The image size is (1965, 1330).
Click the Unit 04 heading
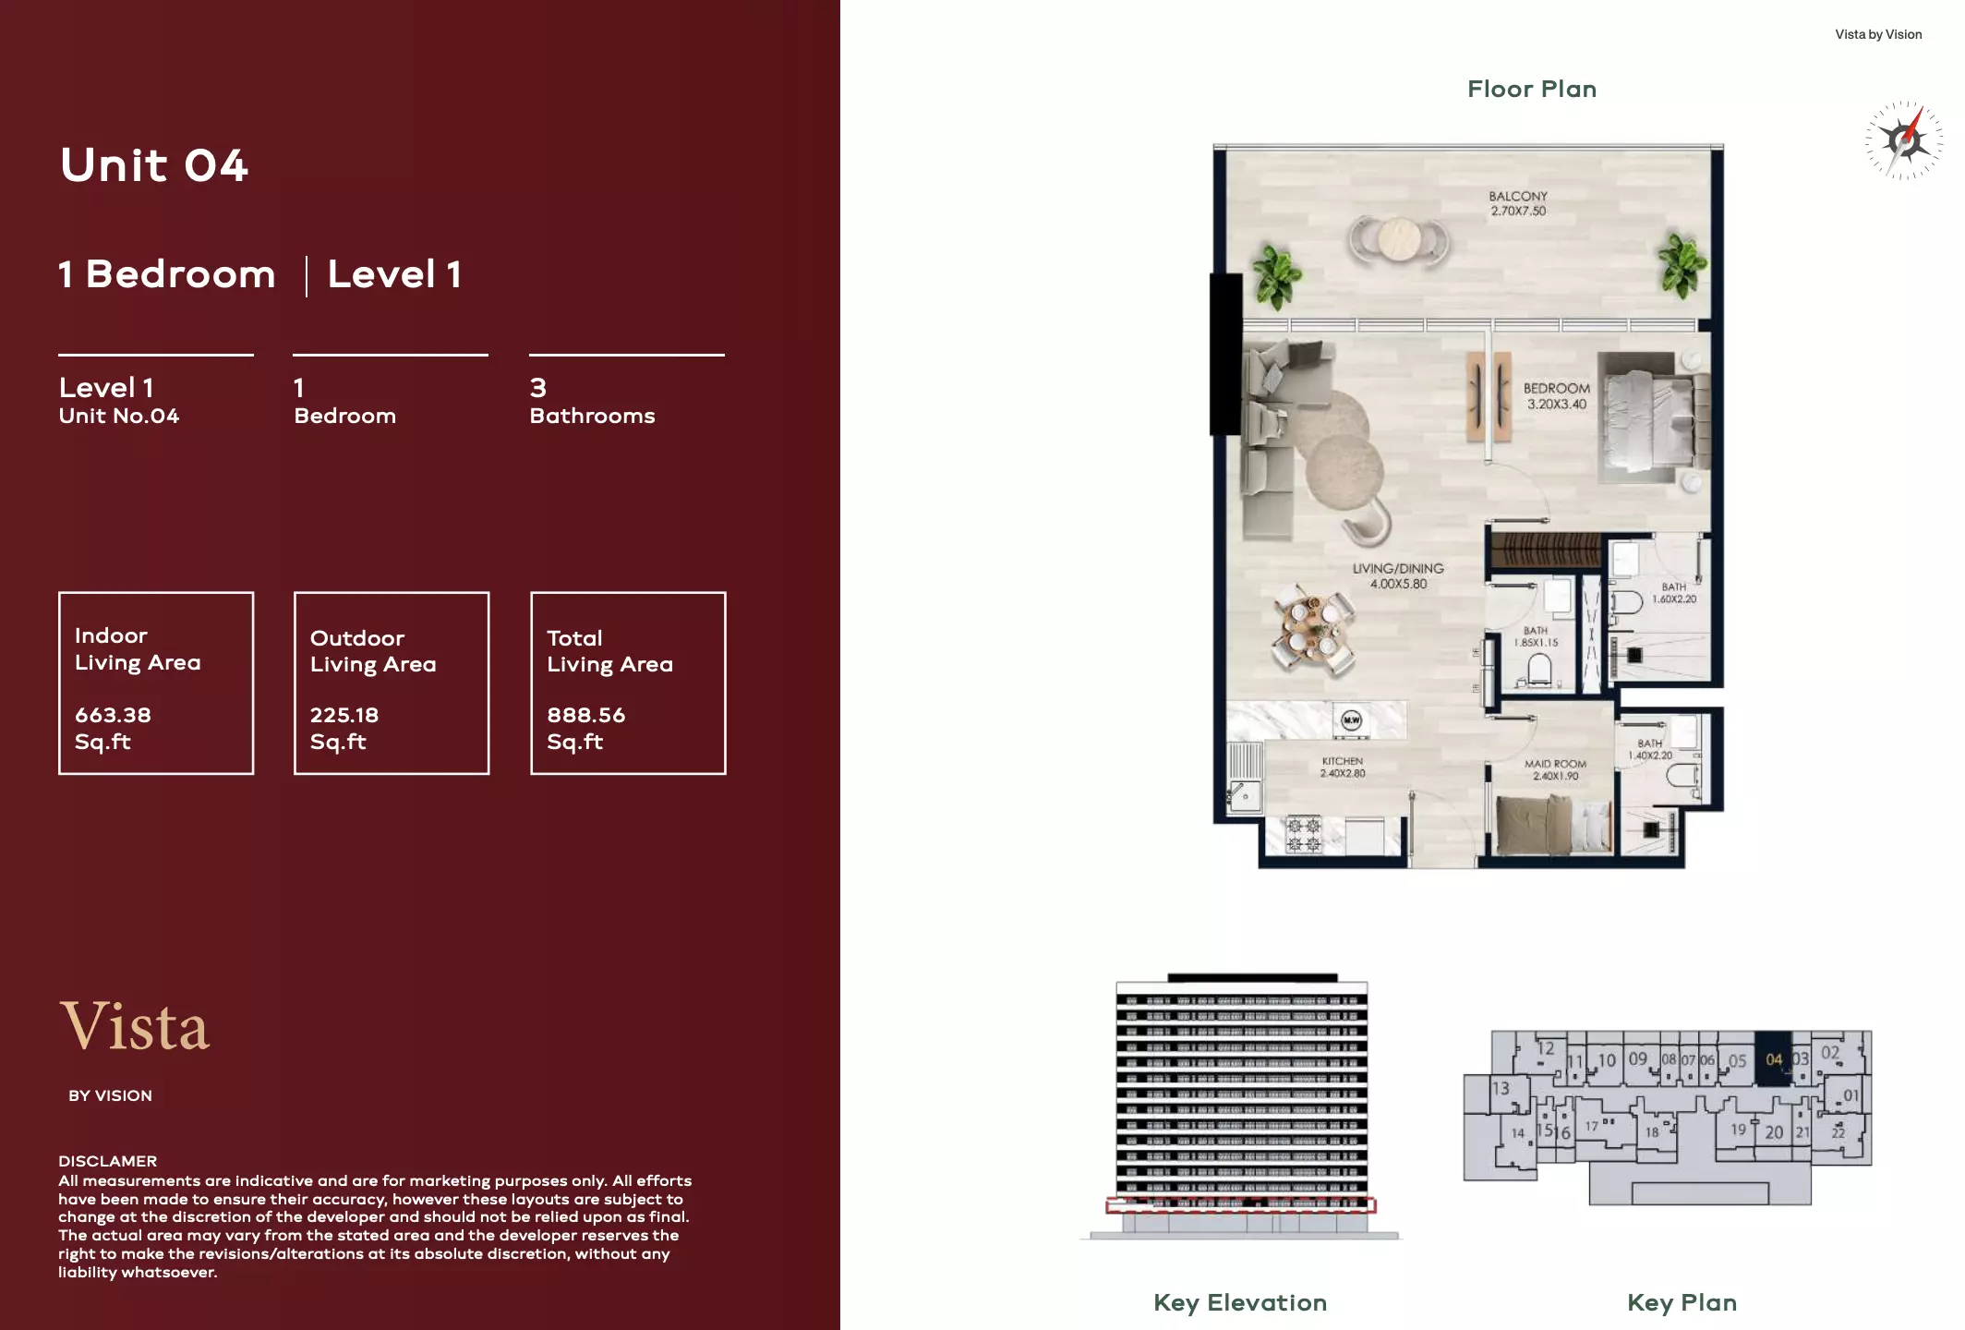coord(154,166)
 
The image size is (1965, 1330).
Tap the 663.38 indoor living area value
coord(113,715)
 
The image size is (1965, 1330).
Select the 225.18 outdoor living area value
coord(344,715)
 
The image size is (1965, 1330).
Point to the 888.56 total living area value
coord(585,715)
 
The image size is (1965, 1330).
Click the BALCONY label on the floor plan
coord(1517,197)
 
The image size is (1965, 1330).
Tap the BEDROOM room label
coord(1556,389)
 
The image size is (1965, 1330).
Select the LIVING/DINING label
coord(1398,569)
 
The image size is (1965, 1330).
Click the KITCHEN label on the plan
coord(1342,761)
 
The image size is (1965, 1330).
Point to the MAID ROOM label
coord(1555,764)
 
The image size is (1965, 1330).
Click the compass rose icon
coord(1903,140)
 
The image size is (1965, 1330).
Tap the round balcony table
coord(1399,238)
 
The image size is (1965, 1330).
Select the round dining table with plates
coord(1313,624)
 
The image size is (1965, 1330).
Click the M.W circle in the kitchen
coord(1351,719)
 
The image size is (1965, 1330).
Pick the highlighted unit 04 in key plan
coord(1773,1059)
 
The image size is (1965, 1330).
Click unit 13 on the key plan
coord(1501,1088)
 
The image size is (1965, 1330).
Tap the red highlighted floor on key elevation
coord(1240,1204)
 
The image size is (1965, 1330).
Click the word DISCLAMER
coord(107,1161)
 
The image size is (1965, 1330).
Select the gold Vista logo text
coord(135,1026)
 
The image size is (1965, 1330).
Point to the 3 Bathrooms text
coord(592,402)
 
